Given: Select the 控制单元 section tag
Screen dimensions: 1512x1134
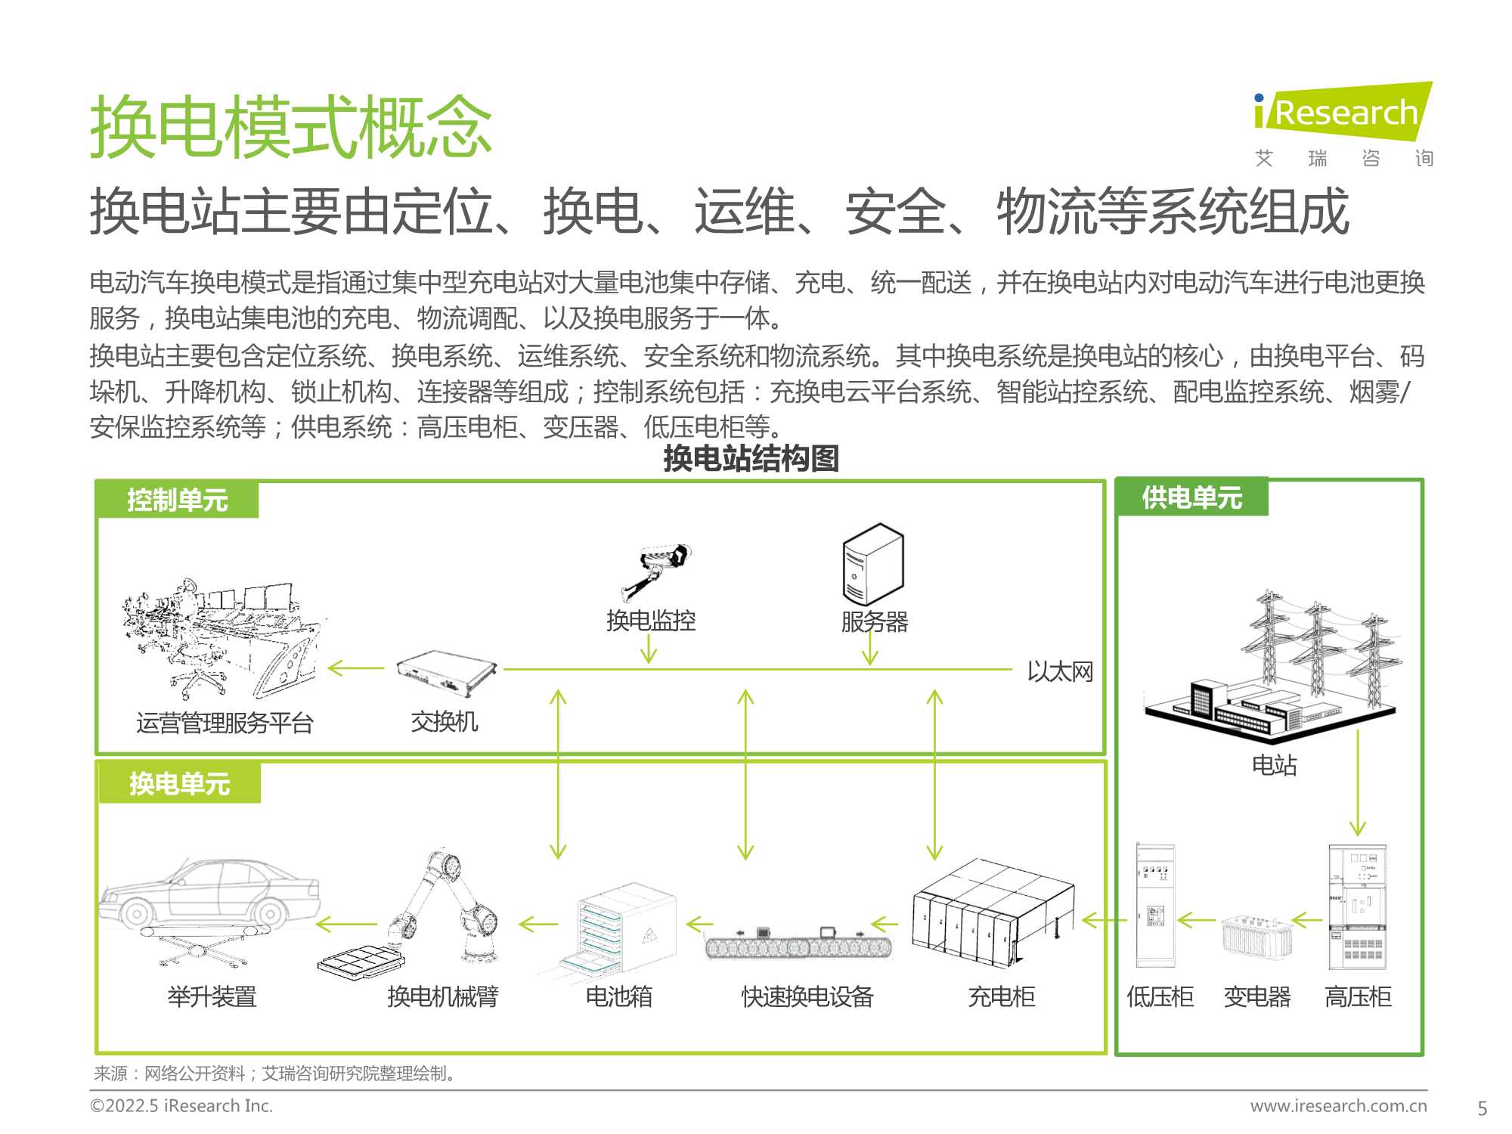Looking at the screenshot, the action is (x=178, y=500).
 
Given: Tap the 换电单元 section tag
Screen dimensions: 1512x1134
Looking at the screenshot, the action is (x=179, y=783).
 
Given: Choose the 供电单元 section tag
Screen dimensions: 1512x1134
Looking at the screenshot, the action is (x=1192, y=497).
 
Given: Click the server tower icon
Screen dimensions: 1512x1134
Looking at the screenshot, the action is (x=873, y=564).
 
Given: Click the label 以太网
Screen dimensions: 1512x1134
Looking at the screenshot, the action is (x=1060, y=671).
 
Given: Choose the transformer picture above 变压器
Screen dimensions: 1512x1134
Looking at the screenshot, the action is (x=1256, y=937).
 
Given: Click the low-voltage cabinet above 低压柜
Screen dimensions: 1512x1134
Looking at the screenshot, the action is (x=1156, y=906).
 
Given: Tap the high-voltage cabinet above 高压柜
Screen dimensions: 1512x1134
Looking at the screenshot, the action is (x=1358, y=907).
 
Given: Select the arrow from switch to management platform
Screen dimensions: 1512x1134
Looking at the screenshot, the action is (x=356, y=668).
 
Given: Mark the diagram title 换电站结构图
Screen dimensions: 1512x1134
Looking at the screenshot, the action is (x=751, y=458).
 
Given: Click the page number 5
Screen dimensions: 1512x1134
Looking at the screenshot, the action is (x=1483, y=1108).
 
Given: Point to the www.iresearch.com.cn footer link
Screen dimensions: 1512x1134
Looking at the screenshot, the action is (x=1339, y=1105).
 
